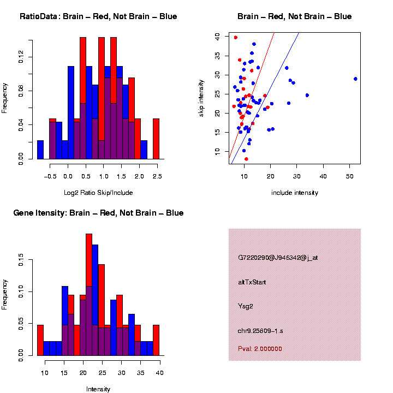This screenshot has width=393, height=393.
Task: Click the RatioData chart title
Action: [98, 16]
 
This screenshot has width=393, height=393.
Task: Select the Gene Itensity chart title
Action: [98, 213]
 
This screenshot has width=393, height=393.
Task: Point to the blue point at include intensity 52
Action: [355, 79]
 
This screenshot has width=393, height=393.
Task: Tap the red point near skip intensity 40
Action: [236, 38]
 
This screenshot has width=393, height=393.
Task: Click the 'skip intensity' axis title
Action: [201, 98]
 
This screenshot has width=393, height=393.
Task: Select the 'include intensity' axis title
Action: [295, 193]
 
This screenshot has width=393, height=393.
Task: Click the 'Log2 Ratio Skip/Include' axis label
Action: [98, 193]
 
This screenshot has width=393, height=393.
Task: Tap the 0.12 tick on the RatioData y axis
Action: [21, 57]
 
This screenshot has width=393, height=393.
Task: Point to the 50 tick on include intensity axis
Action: [349, 176]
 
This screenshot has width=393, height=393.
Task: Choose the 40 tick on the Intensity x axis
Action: [159, 373]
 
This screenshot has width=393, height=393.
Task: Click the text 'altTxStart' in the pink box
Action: [252, 282]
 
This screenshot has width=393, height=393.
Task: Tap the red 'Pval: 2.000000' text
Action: [260, 349]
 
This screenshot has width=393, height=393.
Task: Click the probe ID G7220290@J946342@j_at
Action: [278, 258]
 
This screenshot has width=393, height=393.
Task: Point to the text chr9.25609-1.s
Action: [263, 331]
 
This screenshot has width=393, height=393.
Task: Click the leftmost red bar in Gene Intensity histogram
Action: [40, 341]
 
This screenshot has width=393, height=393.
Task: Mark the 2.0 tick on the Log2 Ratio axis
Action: [139, 176]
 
